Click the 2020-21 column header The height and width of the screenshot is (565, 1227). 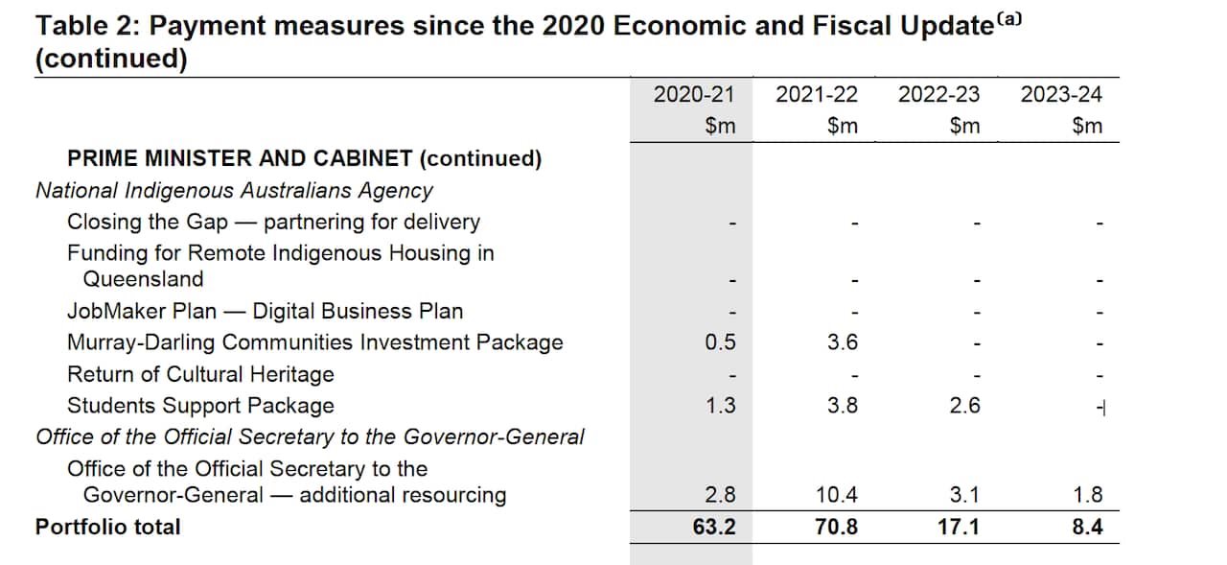(x=693, y=94)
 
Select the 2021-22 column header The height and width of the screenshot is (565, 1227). (x=817, y=94)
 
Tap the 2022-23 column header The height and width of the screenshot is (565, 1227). (x=938, y=94)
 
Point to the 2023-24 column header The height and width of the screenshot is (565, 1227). (x=1061, y=94)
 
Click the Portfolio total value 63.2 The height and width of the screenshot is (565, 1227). (x=715, y=527)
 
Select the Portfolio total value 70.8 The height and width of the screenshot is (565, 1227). (x=836, y=527)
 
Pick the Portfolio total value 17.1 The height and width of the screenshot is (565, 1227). (x=960, y=527)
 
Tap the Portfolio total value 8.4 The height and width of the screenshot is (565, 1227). (x=1087, y=527)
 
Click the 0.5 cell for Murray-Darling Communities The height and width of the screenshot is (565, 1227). (x=720, y=342)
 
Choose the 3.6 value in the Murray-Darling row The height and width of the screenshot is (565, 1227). (x=842, y=342)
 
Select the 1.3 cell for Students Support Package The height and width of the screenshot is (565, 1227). (x=720, y=406)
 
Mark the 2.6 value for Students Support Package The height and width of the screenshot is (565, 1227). (x=964, y=406)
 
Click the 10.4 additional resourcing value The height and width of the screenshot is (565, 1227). (x=837, y=495)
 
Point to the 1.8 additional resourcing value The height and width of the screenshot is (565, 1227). (x=1088, y=495)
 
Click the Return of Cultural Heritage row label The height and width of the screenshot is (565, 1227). (x=200, y=374)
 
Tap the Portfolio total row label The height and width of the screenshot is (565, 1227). (x=107, y=527)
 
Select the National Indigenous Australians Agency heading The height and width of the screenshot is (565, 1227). (x=234, y=190)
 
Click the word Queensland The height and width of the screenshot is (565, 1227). (x=143, y=279)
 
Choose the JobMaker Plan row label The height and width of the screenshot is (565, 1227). (x=265, y=311)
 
